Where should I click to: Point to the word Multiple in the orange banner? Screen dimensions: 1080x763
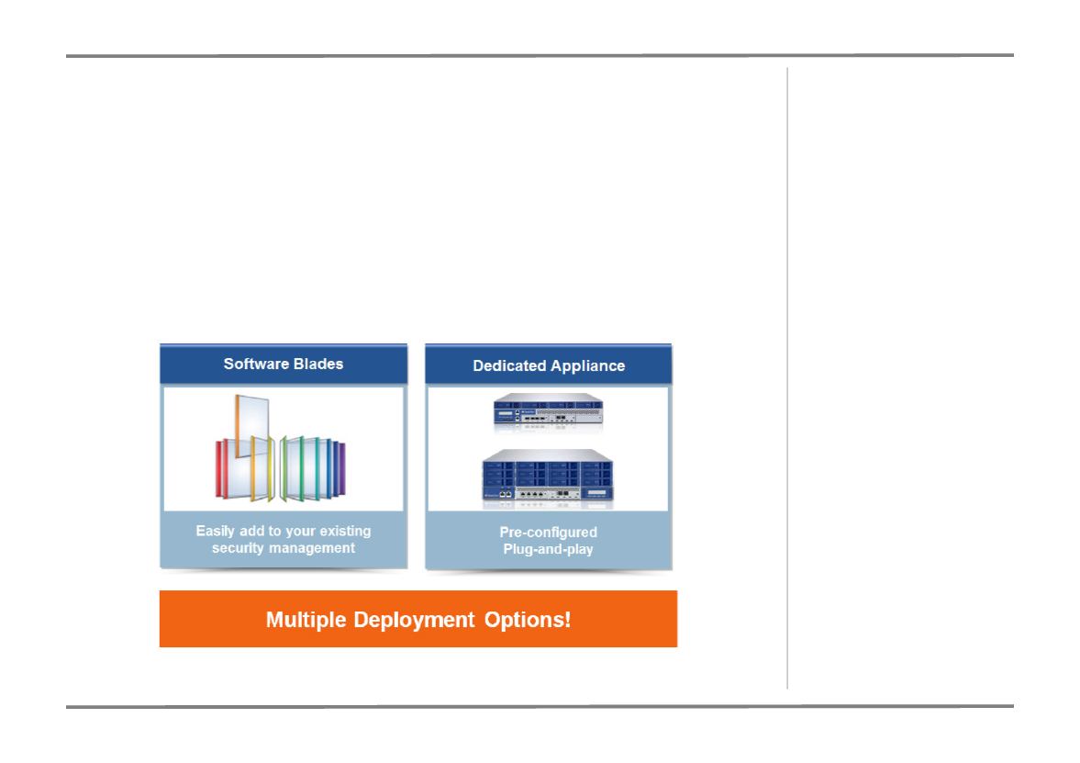coord(306,619)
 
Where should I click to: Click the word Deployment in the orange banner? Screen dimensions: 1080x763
coord(414,620)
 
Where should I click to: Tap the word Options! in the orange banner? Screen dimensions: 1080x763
coord(528,619)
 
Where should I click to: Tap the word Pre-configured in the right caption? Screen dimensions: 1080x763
coord(549,533)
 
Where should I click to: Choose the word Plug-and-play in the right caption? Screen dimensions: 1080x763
coord(549,549)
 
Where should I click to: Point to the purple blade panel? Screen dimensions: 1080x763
coord(341,469)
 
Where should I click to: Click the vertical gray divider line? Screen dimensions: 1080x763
coord(787,377)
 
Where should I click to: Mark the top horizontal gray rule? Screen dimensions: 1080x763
coord(540,55)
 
